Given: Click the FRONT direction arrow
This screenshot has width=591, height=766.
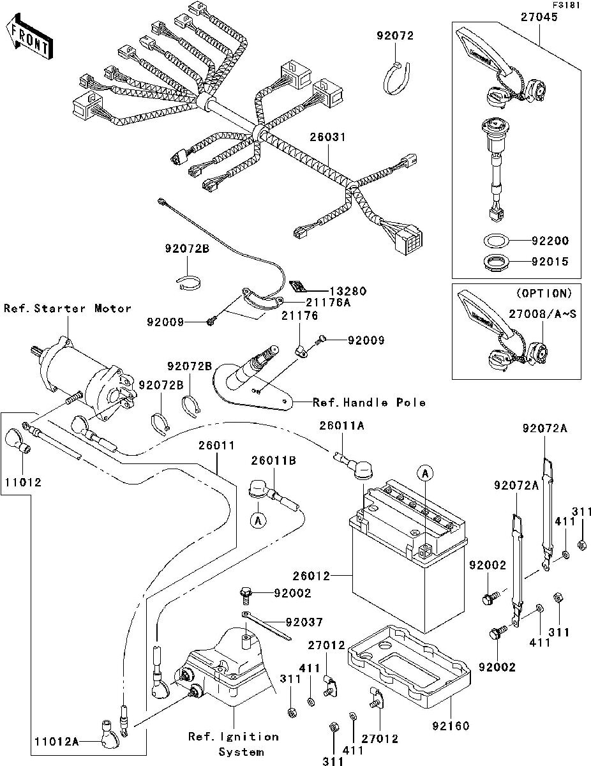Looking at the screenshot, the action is pyautogui.click(x=29, y=36).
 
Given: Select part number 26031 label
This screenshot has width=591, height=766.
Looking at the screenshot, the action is pyautogui.click(x=328, y=137).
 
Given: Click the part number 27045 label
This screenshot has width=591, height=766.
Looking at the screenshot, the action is pyautogui.click(x=539, y=17).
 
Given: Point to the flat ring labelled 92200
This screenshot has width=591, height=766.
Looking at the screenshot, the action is pyautogui.click(x=496, y=241).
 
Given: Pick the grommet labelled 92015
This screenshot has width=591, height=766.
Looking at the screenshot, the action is pyautogui.click(x=496, y=262).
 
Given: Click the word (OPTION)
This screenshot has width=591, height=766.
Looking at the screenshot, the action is pyautogui.click(x=544, y=293).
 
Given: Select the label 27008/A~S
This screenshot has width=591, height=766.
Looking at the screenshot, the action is pyautogui.click(x=542, y=313).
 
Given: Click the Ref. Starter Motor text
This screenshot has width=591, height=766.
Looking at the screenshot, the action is pyautogui.click(x=67, y=308).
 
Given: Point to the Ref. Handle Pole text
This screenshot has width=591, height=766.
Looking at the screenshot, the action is pyautogui.click(x=369, y=403).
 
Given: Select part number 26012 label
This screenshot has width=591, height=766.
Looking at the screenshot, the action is pyautogui.click(x=311, y=576).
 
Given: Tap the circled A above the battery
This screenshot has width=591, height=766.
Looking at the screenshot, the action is pyautogui.click(x=425, y=474).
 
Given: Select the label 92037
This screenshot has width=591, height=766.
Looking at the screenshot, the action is pyautogui.click(x=304, y=623).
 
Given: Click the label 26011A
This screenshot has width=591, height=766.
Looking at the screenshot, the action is pyautogui.click(x=342, y=426).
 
